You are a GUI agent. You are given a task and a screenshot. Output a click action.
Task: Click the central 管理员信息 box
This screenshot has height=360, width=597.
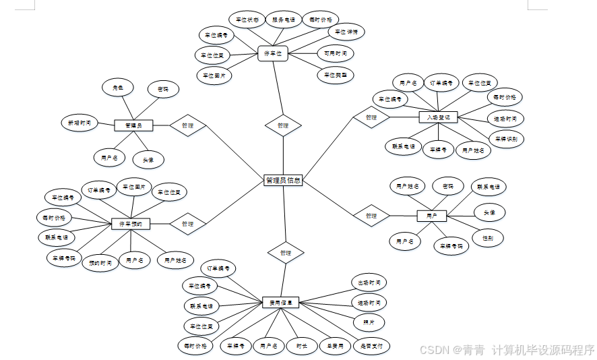283,180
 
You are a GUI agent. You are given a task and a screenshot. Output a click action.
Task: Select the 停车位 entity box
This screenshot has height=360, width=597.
273,53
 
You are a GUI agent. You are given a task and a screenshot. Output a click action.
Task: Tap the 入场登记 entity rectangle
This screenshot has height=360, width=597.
438,117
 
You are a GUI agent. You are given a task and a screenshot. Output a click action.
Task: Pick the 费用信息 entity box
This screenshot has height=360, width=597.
280,303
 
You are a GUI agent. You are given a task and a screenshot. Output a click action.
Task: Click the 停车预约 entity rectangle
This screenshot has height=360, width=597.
131,223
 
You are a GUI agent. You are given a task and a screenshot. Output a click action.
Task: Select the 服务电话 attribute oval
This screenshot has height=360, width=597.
283,20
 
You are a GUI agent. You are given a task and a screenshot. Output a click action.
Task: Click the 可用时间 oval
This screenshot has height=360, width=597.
335,53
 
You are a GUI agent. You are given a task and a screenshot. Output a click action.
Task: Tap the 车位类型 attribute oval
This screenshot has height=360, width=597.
335,74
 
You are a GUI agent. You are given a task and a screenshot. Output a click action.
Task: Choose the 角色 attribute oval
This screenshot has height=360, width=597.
118,87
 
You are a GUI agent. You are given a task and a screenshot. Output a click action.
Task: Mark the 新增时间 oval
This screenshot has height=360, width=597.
80,123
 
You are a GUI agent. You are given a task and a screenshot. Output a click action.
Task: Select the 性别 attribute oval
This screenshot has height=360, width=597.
486,237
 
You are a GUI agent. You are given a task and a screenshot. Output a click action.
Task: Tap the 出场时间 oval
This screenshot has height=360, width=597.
369,282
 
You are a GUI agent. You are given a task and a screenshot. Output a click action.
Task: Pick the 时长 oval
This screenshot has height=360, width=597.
302,346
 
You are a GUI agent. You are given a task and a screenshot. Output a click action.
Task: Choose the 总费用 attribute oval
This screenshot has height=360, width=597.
335,346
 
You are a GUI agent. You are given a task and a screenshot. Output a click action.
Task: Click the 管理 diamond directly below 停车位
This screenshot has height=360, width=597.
283,125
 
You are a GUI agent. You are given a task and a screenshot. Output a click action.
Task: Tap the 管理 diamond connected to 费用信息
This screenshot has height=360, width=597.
285,253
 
